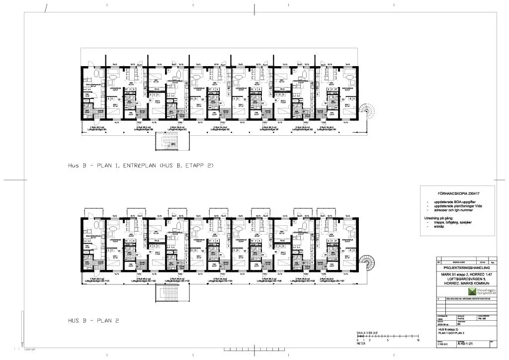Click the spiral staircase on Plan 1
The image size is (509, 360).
[x=370, y=111]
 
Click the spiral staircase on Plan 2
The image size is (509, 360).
[x=370, y=263]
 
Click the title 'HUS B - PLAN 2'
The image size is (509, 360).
[x=93, y=321]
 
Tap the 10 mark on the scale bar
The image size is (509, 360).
[x=419, y=341]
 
